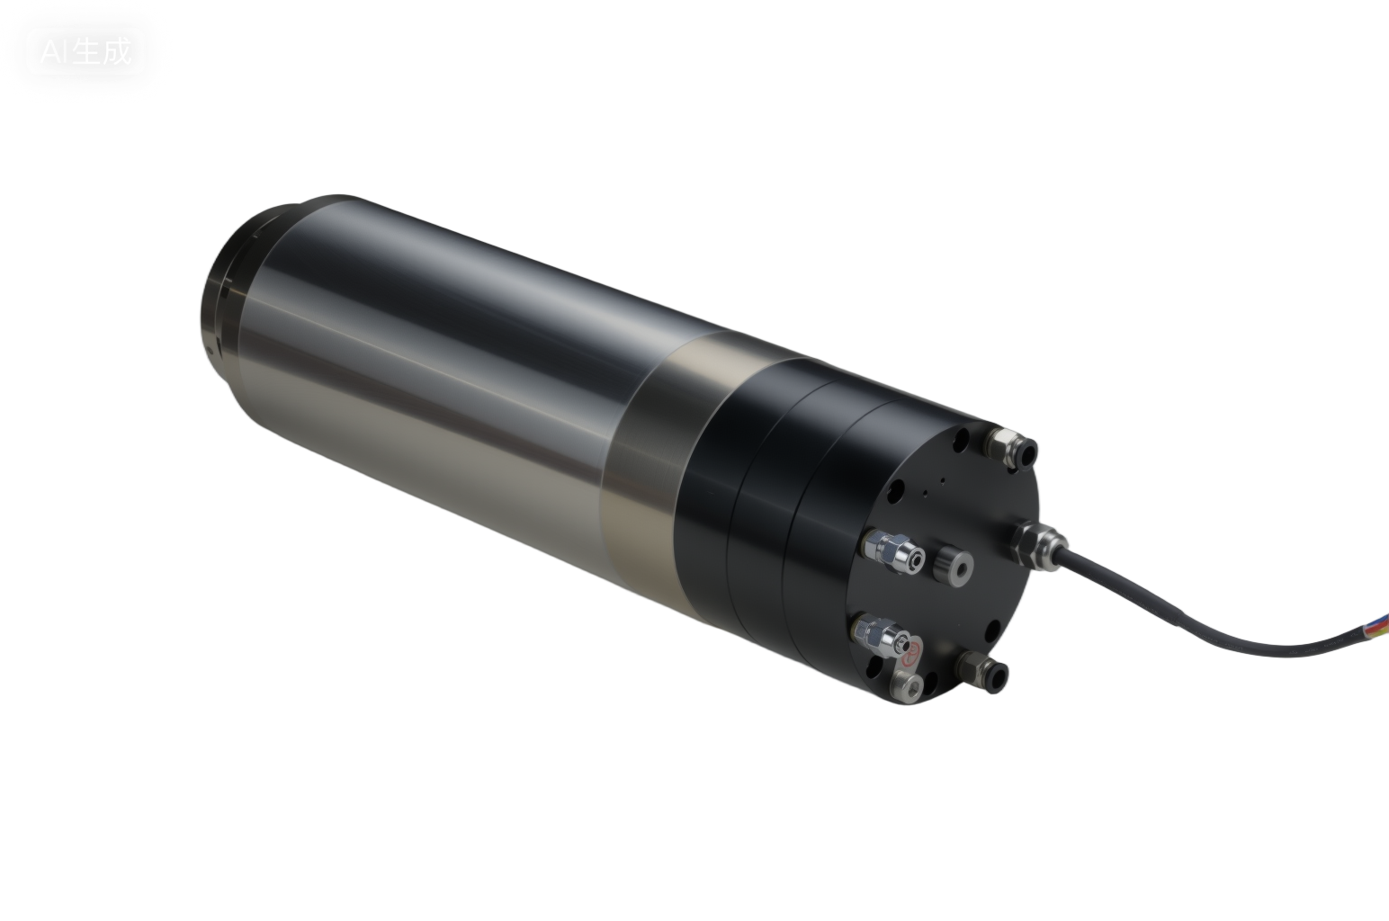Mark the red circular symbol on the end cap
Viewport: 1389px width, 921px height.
coord(912,651)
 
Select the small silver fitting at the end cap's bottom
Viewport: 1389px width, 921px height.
coord(908,687)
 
